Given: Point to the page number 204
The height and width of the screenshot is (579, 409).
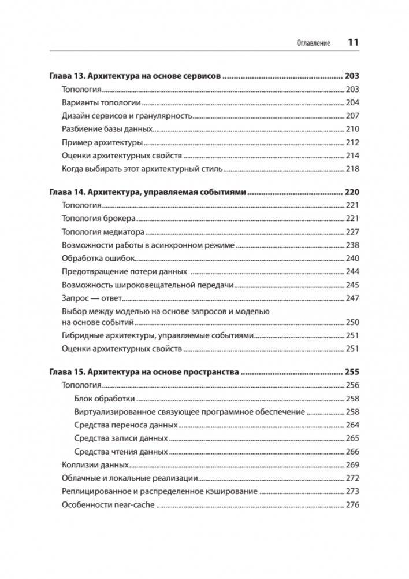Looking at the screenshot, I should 352,102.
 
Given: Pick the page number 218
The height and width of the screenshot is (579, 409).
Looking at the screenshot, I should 352,169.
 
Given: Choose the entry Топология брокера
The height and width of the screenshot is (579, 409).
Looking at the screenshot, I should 98,218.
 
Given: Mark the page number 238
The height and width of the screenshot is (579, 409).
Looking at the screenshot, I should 352,245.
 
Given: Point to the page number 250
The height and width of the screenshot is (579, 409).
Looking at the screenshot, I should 352,322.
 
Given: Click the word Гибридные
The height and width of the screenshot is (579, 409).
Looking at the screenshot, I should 80,335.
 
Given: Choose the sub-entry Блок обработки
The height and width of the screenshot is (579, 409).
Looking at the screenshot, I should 105,399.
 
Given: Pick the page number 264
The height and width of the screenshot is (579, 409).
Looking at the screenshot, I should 352,425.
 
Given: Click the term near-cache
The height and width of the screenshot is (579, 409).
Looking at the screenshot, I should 135,505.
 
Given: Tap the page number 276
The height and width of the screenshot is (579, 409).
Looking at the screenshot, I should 352,505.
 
